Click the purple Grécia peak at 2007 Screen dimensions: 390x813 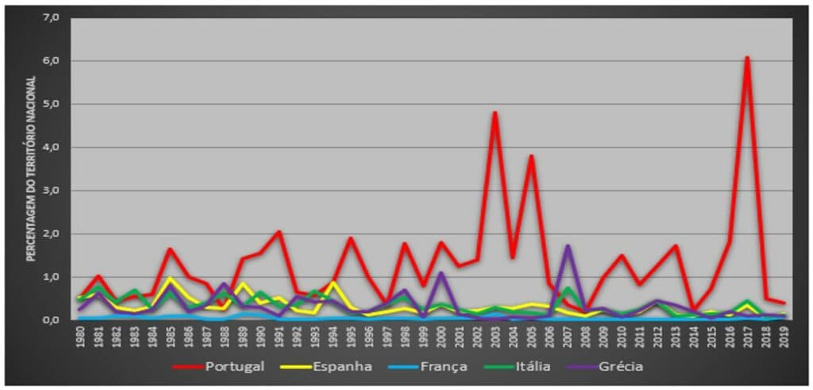(568, 246)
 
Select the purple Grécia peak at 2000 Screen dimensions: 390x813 (441, 273)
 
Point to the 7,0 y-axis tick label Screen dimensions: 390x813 (50, 17)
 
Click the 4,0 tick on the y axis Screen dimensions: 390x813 (50, 147)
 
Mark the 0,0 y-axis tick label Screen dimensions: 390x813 (50, 320)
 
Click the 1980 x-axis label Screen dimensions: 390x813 (79, 337)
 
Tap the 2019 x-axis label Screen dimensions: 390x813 (784, 337)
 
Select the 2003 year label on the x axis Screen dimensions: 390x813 (495, 337)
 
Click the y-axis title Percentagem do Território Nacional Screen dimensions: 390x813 (32, 168)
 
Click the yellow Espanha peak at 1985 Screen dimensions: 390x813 (170, 279)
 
